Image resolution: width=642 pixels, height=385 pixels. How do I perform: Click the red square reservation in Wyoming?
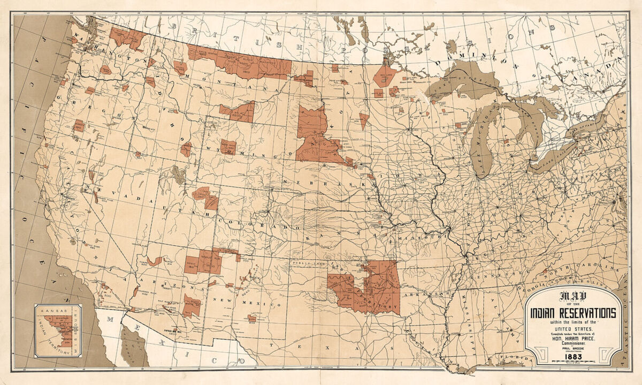[228, 147]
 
